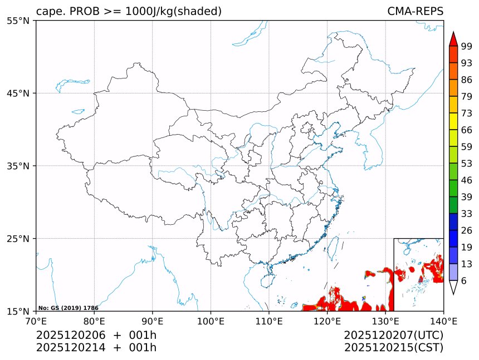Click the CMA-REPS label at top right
point(415,11)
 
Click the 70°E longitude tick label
point(36,320)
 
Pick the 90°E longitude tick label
point(153,320)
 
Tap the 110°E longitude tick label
point(268,320)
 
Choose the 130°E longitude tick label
point(385,320)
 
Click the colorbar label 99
point(467,46)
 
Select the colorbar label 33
point(467,214)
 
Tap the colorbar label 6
point(465,281)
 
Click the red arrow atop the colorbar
point(453,39)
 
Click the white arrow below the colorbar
point(453,287)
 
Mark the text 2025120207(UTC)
point(393,335)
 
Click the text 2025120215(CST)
point(393,348)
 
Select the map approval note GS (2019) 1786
point(69,308)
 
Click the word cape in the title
point(47,12)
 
